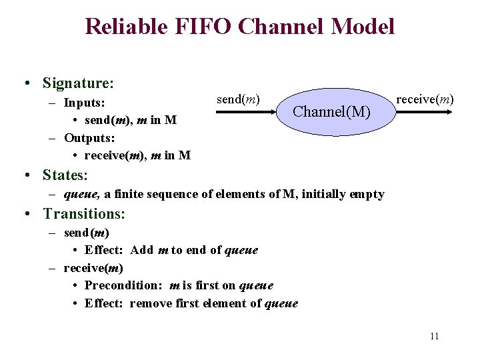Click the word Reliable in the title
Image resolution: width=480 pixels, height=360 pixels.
125,26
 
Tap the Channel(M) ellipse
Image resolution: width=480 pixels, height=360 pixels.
332,111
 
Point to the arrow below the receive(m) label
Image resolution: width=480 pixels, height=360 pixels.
425,114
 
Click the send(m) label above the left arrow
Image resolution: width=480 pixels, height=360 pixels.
238,99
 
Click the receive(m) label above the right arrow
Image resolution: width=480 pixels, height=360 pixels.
425,99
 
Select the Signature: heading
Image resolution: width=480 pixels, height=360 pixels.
78,83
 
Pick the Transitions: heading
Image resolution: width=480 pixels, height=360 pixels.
84,214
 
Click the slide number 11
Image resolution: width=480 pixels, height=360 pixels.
434,336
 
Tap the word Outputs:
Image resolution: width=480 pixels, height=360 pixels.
89,138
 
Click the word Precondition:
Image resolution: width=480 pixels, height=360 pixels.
125,285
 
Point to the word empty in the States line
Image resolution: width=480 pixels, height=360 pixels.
366,194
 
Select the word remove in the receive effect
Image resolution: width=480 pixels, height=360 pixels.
151,303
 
